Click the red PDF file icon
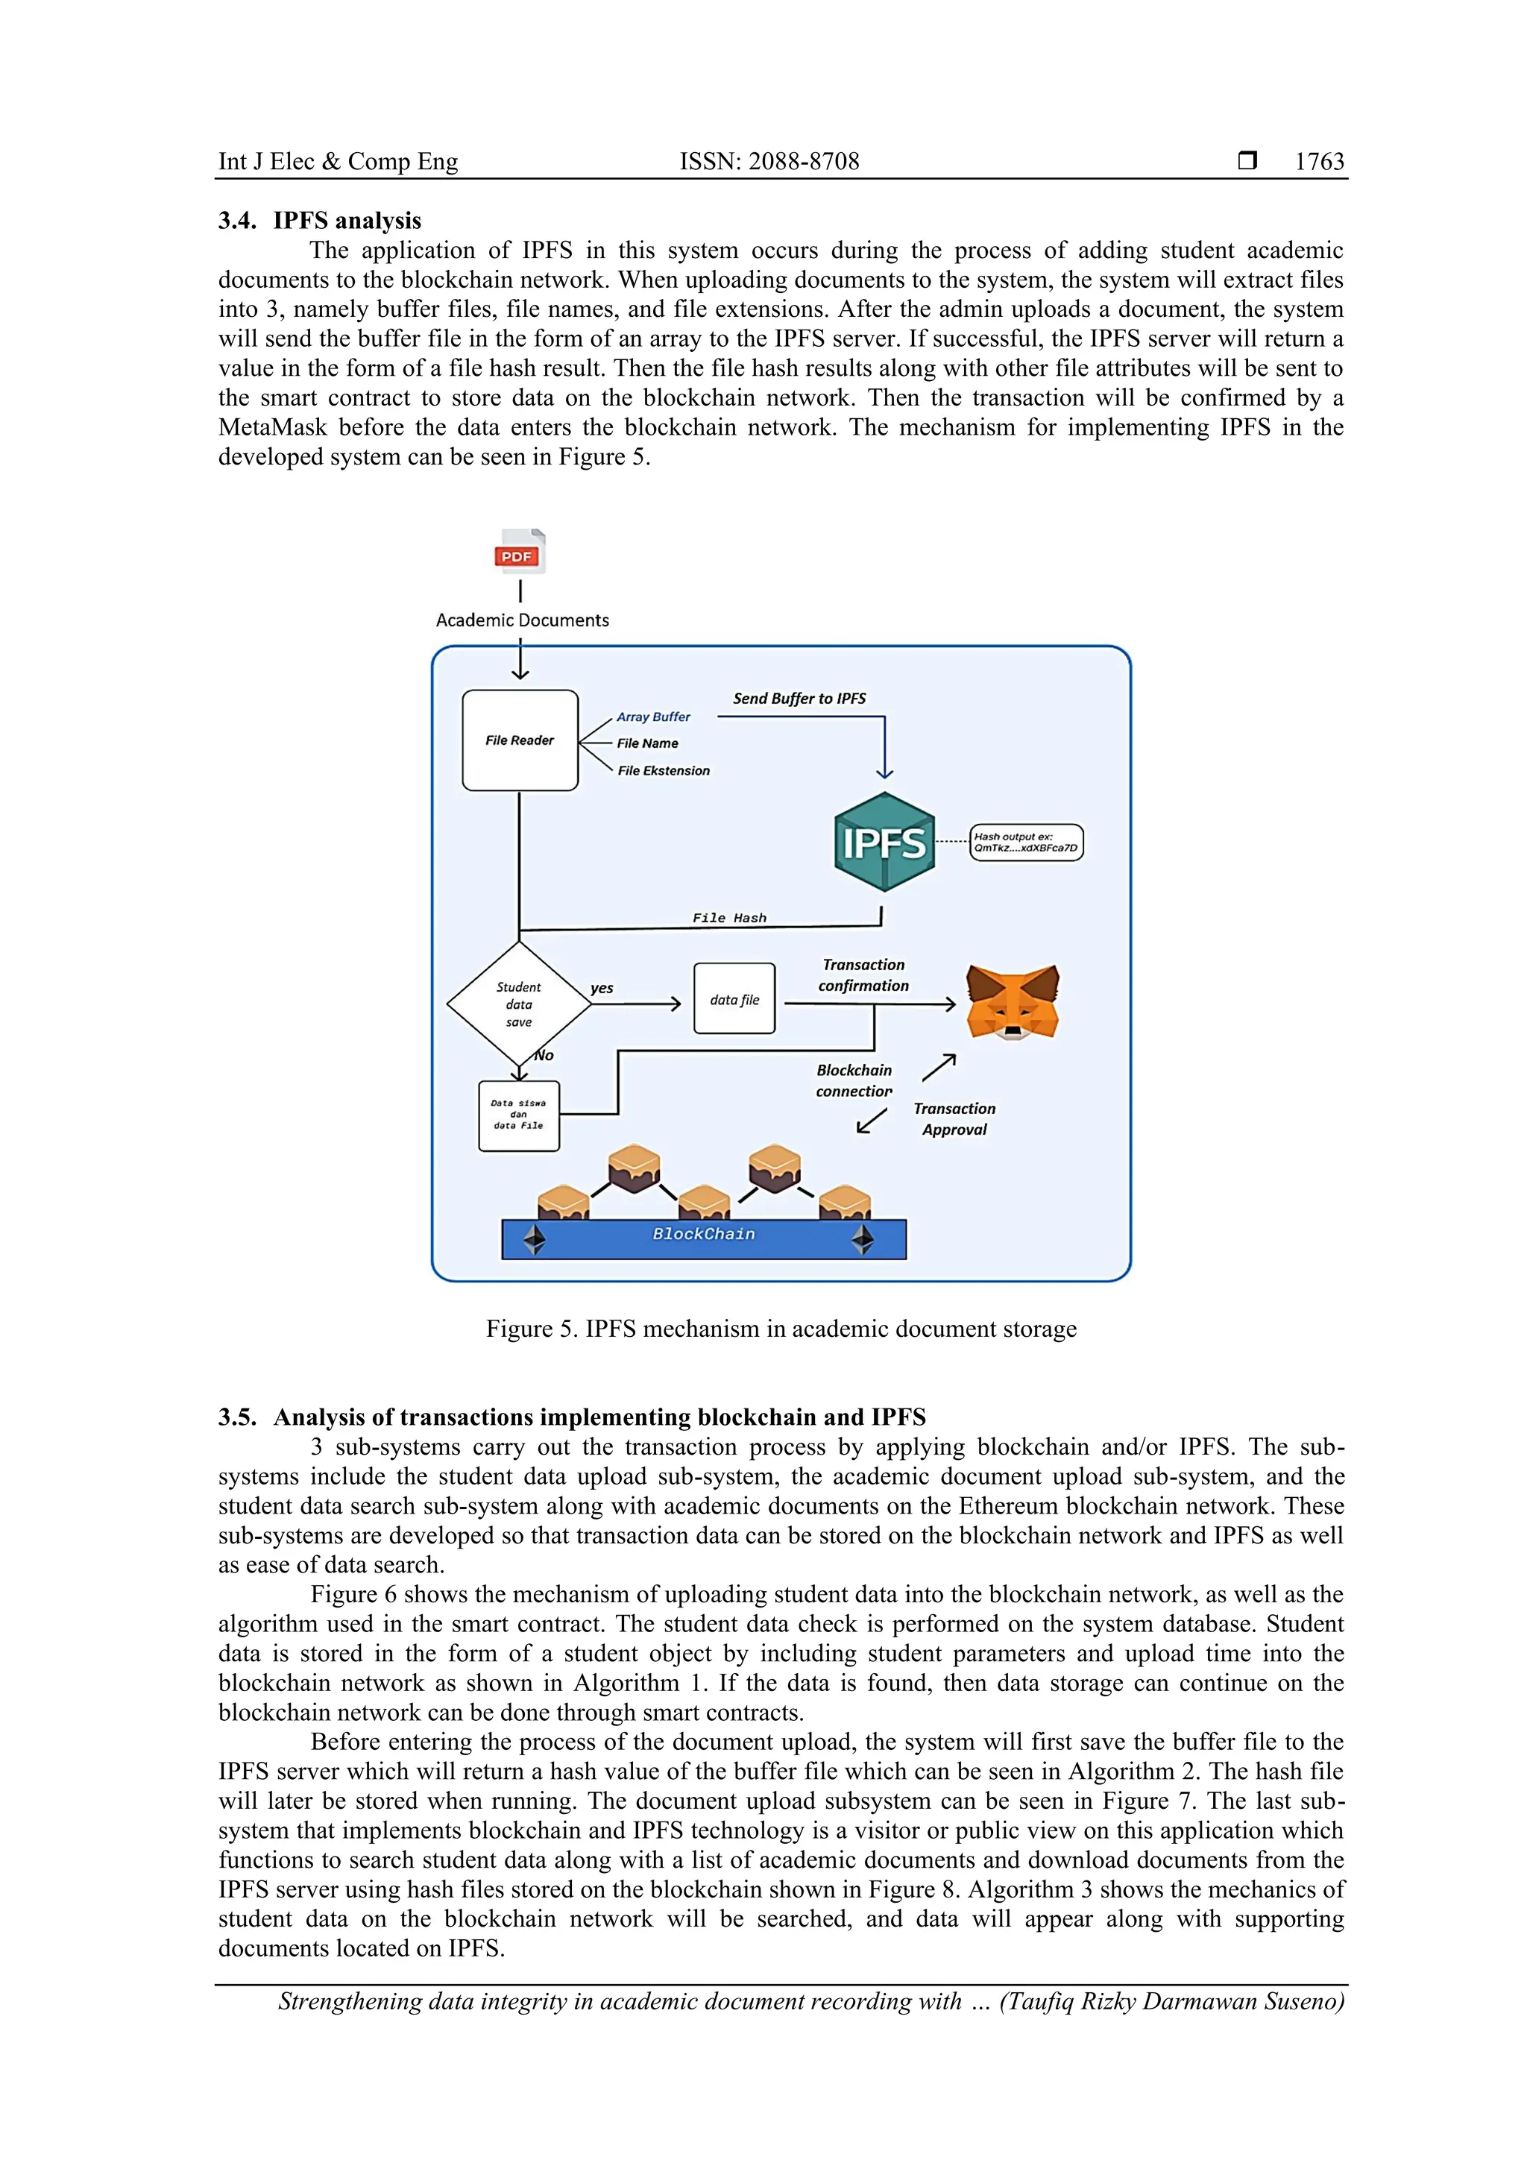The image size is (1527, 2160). (520, 552)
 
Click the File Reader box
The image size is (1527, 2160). (520, 740)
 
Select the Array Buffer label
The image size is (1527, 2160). (653, 717)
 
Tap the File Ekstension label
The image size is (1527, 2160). (664, 770)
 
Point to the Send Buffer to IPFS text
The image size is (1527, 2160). (799, 698)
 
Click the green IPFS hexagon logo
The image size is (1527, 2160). (884, 842)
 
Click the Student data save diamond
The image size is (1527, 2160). (518, 1004)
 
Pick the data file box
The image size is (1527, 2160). (734, 999)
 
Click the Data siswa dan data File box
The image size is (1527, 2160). (518, 1115)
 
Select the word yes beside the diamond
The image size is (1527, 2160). (602, 988)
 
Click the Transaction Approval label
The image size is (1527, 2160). (954, 1118)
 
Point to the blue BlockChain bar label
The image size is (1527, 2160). (703, 1234)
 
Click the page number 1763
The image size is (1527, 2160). (1319, 161)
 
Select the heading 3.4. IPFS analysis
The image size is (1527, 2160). (320, 220)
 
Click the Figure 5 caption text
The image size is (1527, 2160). (781, 1329)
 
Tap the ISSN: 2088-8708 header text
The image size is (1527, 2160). (769, 161)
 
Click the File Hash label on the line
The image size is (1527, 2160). (729, 918)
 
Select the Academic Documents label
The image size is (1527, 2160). (522, 620)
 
